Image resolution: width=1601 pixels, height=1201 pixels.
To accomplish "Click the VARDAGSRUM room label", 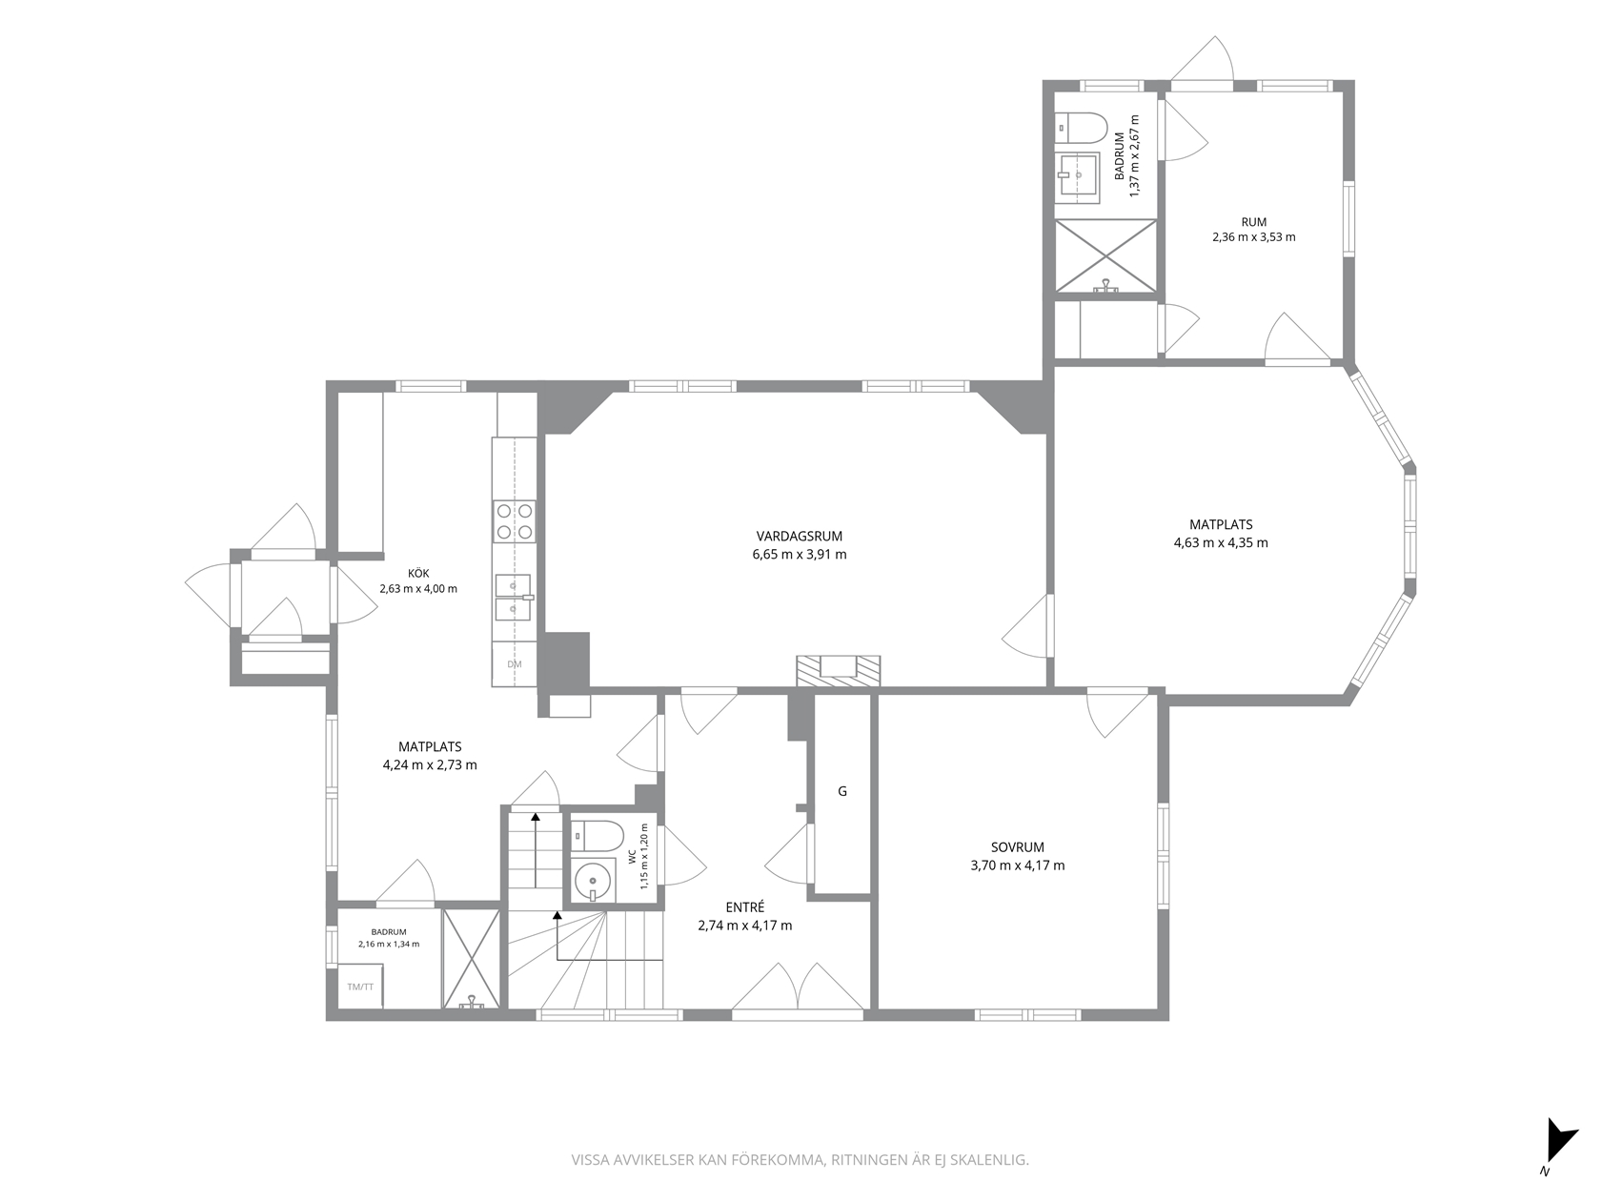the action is coord(799,536).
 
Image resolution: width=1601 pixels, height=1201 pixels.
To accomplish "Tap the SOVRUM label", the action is coord(1017,847).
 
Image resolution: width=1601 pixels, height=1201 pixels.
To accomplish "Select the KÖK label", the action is coord(418,574).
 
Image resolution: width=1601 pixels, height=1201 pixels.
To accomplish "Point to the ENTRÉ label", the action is coord(744,907).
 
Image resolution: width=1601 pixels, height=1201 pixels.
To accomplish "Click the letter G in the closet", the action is coord(842,791).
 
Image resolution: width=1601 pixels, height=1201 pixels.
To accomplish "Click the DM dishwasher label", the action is coord(515,664).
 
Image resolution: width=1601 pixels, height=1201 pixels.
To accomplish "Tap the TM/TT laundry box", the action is coord(360,987).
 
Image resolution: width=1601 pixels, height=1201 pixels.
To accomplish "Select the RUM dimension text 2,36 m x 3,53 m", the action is coord(1254,237).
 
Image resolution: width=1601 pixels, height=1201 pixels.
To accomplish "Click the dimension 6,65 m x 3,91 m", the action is coord(800,554).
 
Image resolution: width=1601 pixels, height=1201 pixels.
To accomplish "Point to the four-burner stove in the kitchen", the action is coord(515,521).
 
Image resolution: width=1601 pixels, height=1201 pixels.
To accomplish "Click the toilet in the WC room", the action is coord(597,836).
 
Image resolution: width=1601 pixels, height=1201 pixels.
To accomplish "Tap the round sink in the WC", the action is coord(594,880).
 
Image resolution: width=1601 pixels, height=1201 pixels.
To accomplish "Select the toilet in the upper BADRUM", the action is coord(1082,129).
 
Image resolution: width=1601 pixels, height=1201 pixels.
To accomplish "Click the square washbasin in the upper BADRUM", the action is coord(1077,177).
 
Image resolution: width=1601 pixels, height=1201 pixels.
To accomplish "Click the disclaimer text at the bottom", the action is coord(800,1160).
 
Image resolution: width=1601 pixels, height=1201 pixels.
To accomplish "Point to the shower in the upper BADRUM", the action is coord(1106,256).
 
